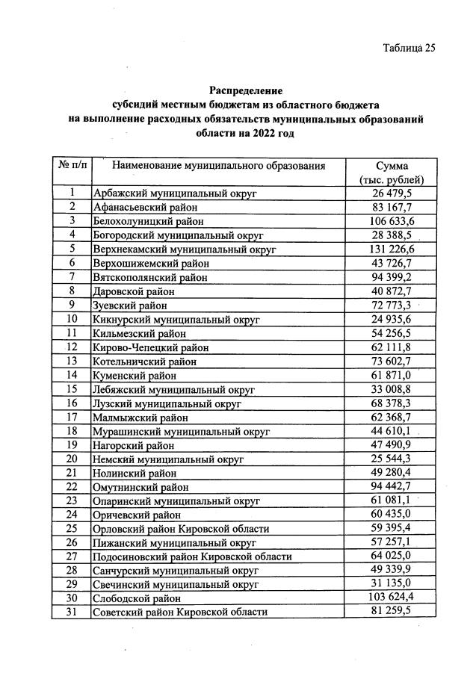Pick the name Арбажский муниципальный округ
[175, 193]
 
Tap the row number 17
[72, 417]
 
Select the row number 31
[72, 612]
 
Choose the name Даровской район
[135, 291]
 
